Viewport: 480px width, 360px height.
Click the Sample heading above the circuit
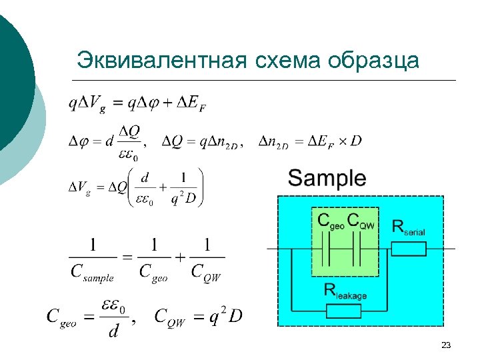[x=327, y=178]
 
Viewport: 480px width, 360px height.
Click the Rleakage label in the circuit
[x=345, y=290]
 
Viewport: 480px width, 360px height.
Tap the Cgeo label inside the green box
[x=331, y=222]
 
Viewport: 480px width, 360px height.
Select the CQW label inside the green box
[x=363, y=222]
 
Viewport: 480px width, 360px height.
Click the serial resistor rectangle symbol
[x=408, y=249]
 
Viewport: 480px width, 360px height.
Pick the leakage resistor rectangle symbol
[x=343, y=310]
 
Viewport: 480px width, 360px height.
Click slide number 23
[x=446, y=345]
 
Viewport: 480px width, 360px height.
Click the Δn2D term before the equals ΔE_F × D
[x=273, y=141]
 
